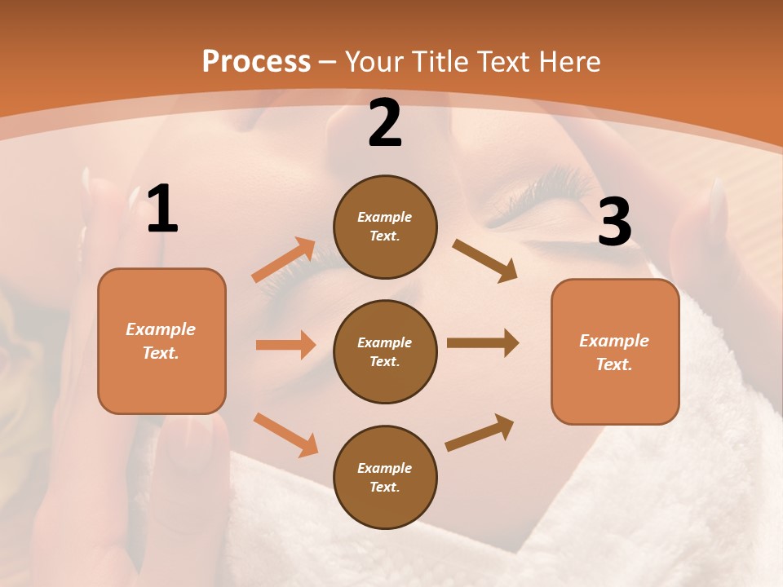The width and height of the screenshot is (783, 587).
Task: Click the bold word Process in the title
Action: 256,61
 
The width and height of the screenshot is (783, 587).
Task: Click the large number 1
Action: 162,210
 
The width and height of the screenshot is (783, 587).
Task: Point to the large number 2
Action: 385,124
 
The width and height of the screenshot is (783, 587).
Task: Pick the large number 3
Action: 614,222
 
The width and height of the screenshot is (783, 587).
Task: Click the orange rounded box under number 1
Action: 161,341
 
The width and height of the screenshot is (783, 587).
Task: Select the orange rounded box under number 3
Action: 615,351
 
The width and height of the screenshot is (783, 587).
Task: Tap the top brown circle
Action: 385,227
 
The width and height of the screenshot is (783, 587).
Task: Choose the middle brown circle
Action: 385,351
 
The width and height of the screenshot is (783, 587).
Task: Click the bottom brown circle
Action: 385,477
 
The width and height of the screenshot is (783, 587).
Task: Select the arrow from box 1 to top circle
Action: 284,260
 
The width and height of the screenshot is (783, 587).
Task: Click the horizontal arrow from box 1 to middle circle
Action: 285,345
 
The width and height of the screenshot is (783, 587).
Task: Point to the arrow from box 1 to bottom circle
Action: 285,435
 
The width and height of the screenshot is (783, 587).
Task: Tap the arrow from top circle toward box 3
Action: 485,261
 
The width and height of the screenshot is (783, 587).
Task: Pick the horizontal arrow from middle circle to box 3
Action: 483,343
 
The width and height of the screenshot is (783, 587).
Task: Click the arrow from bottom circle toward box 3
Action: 480,433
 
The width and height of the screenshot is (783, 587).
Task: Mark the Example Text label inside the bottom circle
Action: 385,478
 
